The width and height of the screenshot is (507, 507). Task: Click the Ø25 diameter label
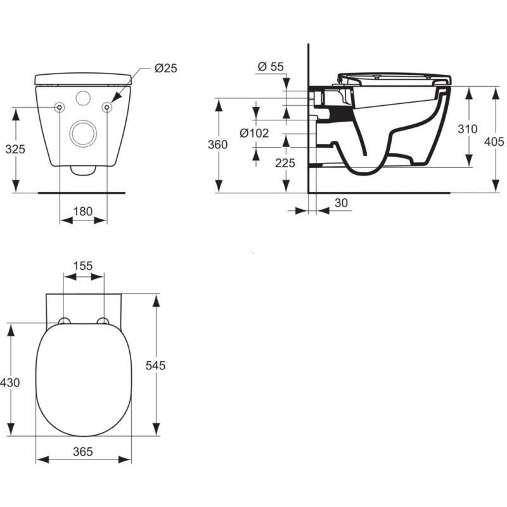coord(166,68)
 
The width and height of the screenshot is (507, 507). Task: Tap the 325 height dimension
coord(15,149)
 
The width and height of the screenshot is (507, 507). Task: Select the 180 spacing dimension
coord(83,212)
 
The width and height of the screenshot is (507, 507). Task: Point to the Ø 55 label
coord(271,67)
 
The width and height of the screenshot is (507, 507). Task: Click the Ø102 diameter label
coord(254,133)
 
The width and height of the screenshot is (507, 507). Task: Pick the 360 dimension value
coord(217,144)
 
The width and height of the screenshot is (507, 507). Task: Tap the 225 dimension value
coord(285,163)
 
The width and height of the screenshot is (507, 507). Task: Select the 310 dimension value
coord(468,129)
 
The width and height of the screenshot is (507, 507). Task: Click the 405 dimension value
coord(494,141)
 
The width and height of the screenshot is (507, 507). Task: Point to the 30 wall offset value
coord(342,203)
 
